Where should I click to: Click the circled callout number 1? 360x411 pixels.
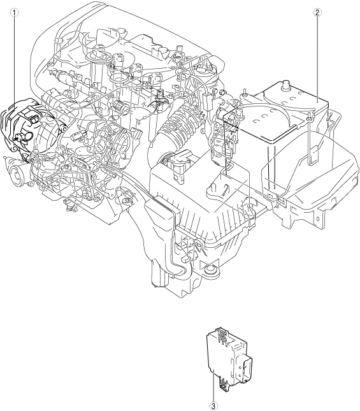15,12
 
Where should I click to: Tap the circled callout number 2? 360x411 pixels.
317,12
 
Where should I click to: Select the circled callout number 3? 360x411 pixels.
213,407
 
